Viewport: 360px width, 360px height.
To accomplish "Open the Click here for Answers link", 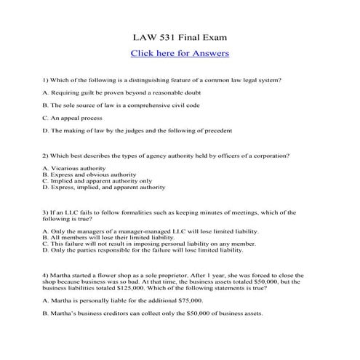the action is click(x=180, y=53).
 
